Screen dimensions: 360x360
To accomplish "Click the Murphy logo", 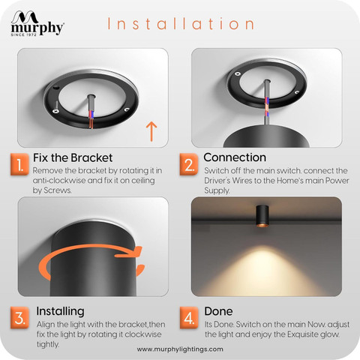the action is point(37,23).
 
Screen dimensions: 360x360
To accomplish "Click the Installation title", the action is point(181,24).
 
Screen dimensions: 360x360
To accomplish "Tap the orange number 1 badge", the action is point(19,164).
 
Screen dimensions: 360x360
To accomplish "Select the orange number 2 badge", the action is point(189,164).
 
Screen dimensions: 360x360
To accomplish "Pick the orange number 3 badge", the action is point(19,318).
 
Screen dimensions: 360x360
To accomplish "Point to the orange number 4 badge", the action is point(189,318).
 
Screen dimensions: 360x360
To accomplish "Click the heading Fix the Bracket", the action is point(73,157).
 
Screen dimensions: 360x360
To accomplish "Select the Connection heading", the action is point(235,157).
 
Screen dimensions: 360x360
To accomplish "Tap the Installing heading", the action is point(60,311).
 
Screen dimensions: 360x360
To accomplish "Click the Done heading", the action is point(218,311).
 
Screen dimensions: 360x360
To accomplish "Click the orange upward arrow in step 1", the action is point(151,131).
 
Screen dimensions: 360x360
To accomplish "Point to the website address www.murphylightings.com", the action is point(180,349).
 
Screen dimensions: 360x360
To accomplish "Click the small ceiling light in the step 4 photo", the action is point(262,216).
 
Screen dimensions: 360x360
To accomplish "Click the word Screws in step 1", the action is point(57,190).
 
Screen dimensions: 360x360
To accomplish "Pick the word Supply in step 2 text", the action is point(217,190).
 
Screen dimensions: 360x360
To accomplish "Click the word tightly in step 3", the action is point(48,344).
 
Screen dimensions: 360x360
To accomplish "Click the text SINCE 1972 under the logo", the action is point(23,34).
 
